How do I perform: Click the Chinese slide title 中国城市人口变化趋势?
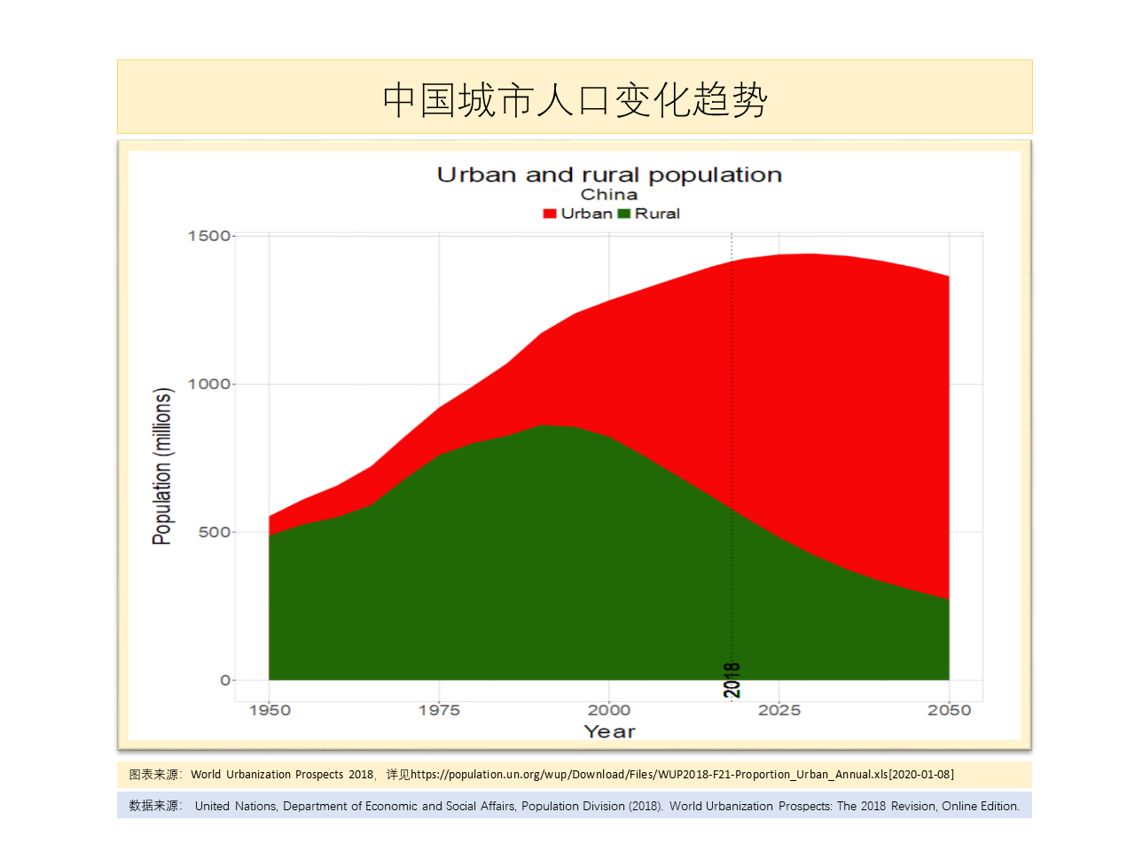pos(575,99)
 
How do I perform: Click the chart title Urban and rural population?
pos(609,175)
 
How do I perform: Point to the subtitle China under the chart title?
pos(609,194)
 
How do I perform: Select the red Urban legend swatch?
pos(550,214)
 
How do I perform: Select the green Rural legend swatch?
pos(623,214)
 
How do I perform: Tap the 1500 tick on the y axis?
pos(209,236)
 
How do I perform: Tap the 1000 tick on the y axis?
pos(209,384)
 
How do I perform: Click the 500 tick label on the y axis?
pos(215,532)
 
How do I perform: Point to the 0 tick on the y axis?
pos(225,680)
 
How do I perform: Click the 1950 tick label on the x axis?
pos(270,710)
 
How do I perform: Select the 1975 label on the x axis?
pos(439,710)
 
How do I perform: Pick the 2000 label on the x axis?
pos(609,710)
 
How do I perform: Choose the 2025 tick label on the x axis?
pos(779,710)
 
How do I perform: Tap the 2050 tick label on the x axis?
pos(949,710)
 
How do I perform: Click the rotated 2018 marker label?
pos(732,680)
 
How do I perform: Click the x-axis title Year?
pos(609,731)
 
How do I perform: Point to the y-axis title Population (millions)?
pos(161,466)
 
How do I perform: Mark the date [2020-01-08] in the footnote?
pos(921,775)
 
